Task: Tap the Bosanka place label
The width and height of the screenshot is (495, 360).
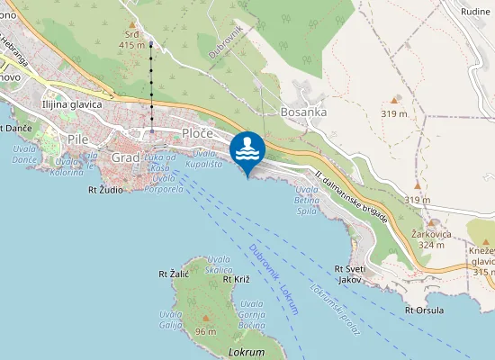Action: click(x=301, y=112)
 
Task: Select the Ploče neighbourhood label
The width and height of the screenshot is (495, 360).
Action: click(x=197, y=133)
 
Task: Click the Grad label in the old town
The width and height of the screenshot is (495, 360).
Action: click(x=126, y=157)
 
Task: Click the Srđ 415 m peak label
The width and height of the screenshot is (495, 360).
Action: click(x=132, y=39)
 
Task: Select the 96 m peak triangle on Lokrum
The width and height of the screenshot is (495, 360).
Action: click(x=206, y=318)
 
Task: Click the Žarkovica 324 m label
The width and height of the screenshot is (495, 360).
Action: click(x=429, y=238)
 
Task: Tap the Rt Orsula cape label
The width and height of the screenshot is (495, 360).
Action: click(x=425, y=310)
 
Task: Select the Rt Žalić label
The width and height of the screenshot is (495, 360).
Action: click(x=172, y=273)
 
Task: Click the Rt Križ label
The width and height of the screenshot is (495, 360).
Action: click(x=235, y=280)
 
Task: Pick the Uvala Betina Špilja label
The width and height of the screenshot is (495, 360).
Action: click(x=308, y=201)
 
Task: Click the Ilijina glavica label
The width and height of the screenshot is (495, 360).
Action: click(x=73, y=104)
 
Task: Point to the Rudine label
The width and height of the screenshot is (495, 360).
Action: click(x=474, y=12)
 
